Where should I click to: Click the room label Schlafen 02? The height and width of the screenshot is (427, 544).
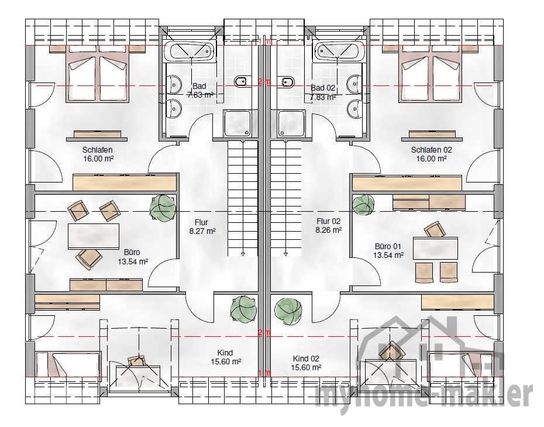point(431,150)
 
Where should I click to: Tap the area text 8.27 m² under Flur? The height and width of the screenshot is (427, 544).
point(202,231)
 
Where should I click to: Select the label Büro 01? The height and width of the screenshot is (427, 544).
point(388,247)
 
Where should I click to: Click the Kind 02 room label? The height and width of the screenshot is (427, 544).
point(306,359)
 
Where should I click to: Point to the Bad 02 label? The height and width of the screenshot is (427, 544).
point(323,88)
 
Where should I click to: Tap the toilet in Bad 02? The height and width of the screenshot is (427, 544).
point(288,82)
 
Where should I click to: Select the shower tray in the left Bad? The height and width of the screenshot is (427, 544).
point(237,123)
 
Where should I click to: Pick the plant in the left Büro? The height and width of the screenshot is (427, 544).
point(163,208)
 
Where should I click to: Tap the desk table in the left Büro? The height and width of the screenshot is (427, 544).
point(94,236)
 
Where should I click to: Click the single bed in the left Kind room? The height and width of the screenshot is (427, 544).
point(68,364)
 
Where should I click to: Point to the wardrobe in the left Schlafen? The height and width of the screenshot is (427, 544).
point(125,182)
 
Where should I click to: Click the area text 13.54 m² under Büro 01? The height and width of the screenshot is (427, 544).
point(388,255)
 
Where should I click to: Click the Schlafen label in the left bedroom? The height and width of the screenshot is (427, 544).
point(98,150)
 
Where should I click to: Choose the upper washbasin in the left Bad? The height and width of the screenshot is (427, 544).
point(174,84)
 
